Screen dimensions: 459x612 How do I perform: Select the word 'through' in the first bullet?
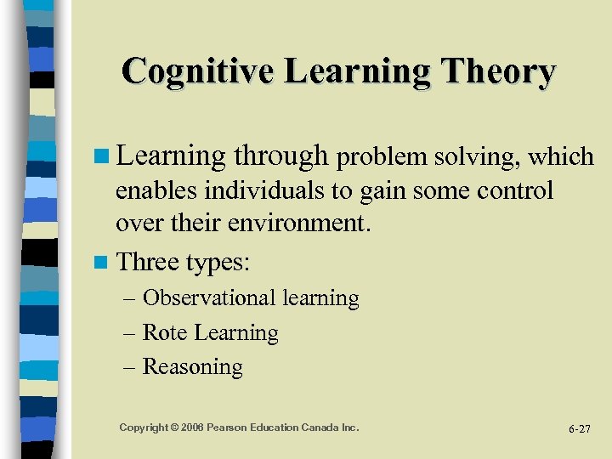pyautogui.click(x=280, y=156)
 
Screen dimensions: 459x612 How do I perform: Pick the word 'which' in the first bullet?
pyautogui.click(x=560, y=156)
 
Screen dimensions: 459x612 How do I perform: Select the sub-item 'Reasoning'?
pyautogui.click(x=192, y=367)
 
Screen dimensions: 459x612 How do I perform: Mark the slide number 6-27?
pyautogui.click(x=579, y=428)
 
